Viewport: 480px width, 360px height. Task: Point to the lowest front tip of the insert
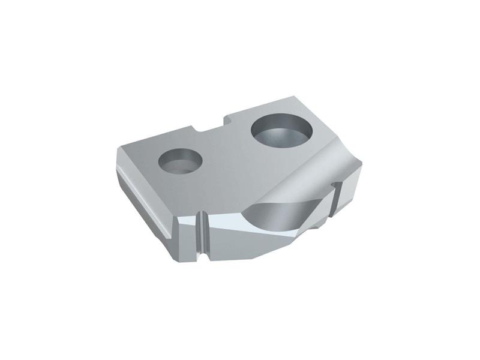click(251, 259)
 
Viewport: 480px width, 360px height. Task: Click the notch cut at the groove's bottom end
click(204, 257)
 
